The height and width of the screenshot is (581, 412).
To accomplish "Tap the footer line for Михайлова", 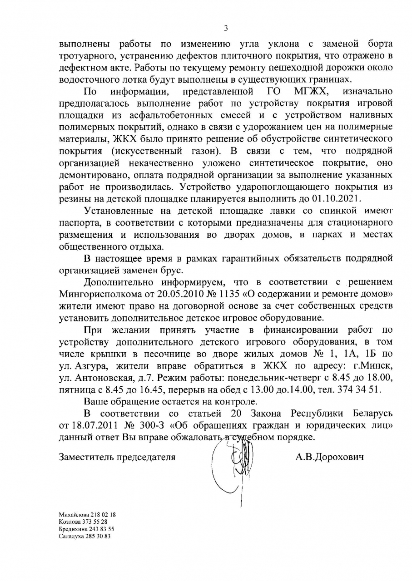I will coord(87,515).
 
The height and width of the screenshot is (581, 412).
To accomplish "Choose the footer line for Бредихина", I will coord(86,529).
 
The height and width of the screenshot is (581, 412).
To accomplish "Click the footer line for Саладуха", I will coord(85,536).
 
